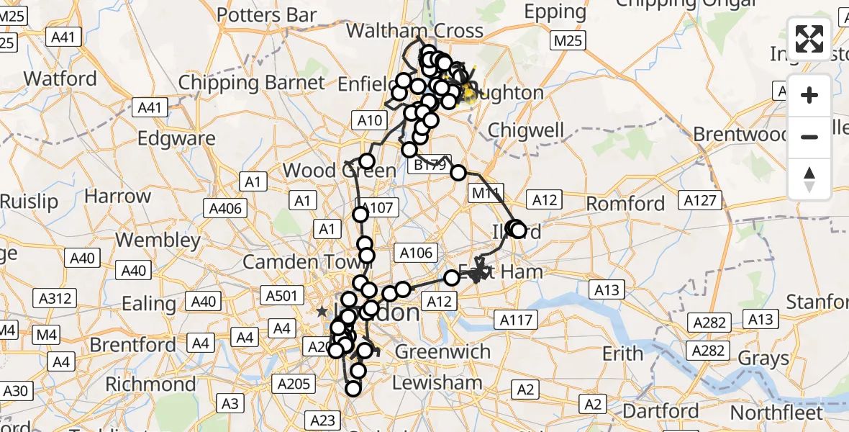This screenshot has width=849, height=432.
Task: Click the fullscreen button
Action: point(809,39)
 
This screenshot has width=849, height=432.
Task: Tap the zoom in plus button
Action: point(809,95)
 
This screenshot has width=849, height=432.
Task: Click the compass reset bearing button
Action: point(809,179)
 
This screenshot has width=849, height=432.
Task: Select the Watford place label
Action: point(60,78)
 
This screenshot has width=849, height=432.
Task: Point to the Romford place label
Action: point(625,204)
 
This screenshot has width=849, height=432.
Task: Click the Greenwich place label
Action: point(442,352)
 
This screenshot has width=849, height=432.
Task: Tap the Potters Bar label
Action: point(267,14)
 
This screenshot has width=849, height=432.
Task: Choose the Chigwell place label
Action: point(525,130)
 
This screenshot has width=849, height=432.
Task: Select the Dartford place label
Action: point(660,412)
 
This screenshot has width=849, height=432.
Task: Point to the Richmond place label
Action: point(150,384)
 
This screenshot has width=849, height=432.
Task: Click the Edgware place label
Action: point(176,138)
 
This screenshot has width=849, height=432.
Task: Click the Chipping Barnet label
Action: point(251,82)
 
